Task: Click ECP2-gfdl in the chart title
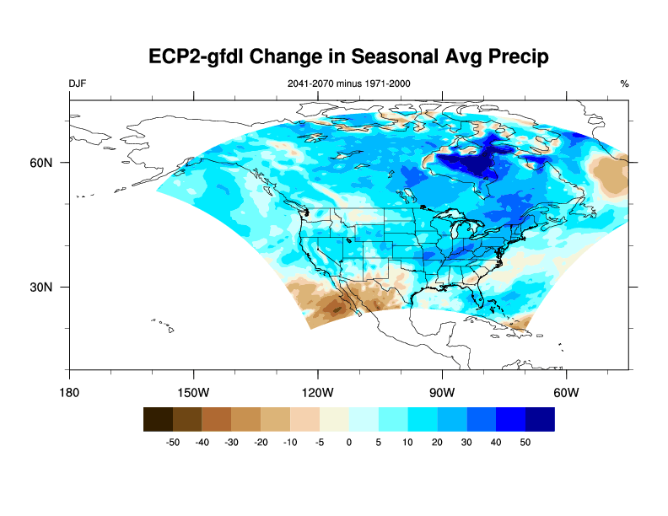tap(197, 56)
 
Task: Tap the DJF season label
tap(78, 83)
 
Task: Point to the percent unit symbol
tap(624, 83)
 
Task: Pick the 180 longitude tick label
tap(69, 392)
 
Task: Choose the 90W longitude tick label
tap(442, 392)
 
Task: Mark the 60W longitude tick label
tap(566, 392)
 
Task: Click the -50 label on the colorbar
tap(173, 442)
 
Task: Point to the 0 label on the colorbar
tap(349, 442)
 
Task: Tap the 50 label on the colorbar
tap(525, 442)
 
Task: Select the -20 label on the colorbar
tap(261, 442)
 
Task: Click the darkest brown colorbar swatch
tap(159, 419)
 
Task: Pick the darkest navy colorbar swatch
tap(541, 419)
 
